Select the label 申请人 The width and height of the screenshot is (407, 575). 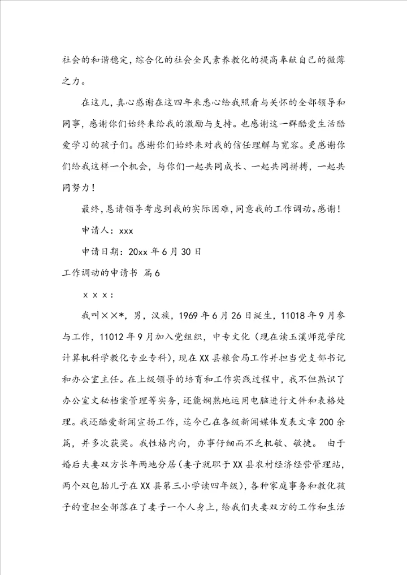pos(95,230)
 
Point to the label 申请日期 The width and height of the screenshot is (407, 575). pos(103,251)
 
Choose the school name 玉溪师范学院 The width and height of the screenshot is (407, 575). pos(319,338)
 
